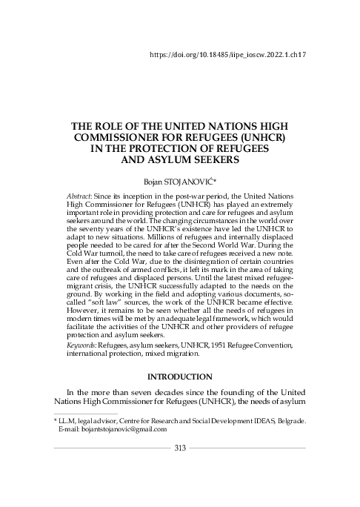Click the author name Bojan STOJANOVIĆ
(181, 180)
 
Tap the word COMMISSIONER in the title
(130, 138)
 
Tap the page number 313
(180, 448)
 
